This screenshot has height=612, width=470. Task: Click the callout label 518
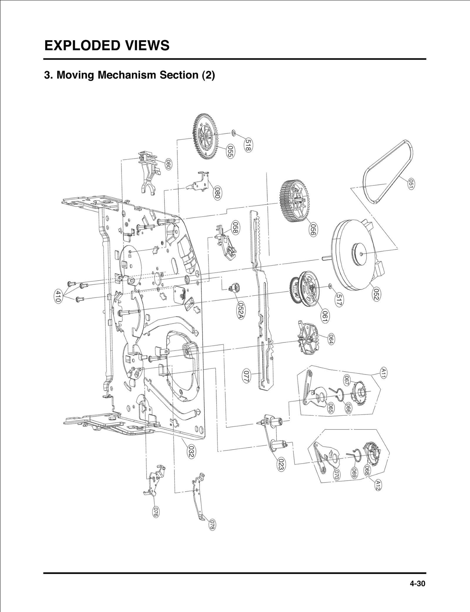pyautogui.click(x=249, y=145)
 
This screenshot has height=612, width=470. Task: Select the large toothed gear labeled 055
pyautogui.click(x=206, y=137)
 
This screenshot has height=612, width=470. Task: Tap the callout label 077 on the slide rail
pyautogui.click(x=246, y=376)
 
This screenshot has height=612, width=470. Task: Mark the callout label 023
pyautogui.click(x=281, y=465)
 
